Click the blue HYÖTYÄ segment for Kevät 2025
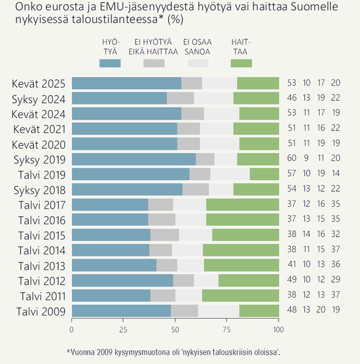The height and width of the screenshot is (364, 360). (126, 83)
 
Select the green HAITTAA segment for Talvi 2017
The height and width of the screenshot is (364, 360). (243, 204)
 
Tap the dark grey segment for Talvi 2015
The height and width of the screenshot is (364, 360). (164, 234)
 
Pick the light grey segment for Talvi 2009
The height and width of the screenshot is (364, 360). (219, 311)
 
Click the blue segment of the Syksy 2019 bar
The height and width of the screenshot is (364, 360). (134, 159)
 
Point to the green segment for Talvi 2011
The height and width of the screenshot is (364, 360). (241, 296)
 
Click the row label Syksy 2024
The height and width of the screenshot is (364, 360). (39, 99)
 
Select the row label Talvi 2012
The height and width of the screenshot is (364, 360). (41, 280)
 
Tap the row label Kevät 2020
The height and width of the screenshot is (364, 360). (39, 144)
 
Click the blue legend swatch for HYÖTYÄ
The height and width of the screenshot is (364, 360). (110, 63)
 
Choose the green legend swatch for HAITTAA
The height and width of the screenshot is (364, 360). (241, 63)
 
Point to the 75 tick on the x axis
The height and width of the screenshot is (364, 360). (227, 330)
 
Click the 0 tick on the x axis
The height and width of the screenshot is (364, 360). (72, 330)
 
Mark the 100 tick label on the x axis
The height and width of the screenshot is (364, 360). (279, 330)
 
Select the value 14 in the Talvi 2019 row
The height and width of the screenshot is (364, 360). (335, 174)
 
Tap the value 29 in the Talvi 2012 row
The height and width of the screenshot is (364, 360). (335, 280)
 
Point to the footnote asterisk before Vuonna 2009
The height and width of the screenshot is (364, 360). (68, 351)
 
